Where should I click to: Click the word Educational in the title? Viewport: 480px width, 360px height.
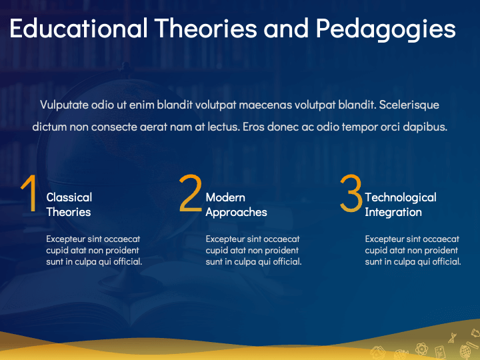pyautogui.click(x=79, y=28)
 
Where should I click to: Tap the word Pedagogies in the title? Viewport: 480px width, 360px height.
pyautogui.click(x=386, y=29)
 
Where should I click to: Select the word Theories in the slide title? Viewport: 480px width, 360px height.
pyautogui.click(x=206, y=28)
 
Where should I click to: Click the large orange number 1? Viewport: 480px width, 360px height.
pyautogui.click(x=29, y=193)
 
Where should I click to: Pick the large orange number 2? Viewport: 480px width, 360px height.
pyautogui.click(x=190, y=193)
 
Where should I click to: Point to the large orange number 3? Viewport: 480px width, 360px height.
pyautogui.click(x=351, y=193)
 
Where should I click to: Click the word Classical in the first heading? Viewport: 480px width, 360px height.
pyautogui.click(x=69, y=197)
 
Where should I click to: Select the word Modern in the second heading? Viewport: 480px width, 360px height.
pyautogui.click(x=225, y=197)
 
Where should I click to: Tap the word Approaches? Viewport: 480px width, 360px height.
pyautogui.click(x=236, y=213)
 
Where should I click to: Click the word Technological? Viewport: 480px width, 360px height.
pyautogui.click(x=401, y=198)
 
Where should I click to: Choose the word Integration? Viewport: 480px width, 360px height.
pyautogui.click(x=393, y=213)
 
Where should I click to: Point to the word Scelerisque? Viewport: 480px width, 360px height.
pyautogui.click(x=409, y=105)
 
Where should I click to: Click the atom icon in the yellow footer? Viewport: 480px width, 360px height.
pyautogui.click(x=421, y=349)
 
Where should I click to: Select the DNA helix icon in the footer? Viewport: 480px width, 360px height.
pyautogui.click(x=452, y=337)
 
